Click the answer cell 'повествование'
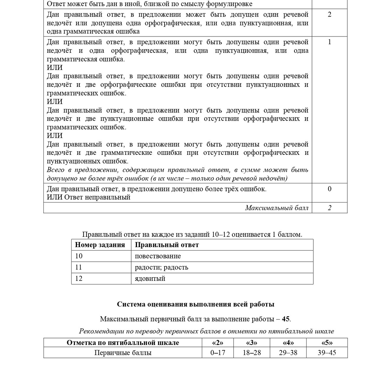tap(158, 256)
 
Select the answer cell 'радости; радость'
tap(161, 267)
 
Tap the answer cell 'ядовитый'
tap(150, 278)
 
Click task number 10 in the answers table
tap(79, 256)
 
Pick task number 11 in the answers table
tap(79, 267)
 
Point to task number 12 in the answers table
tap(79, 278)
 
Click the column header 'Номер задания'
tap(100, 245)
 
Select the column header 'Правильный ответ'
tap(167, 245)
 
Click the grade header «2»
tap(218, 343)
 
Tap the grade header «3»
tap(252, 343)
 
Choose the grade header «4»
tap(288, 343)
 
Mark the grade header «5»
tap(327, 343)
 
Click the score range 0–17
tap(218, 353)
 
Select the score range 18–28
tap(252, 353)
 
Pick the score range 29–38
tap(288, 353)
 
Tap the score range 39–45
tap(327, 353)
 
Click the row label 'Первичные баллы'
tap(123, 353)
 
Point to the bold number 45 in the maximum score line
tap(286, 319)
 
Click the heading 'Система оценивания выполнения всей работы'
tap(196, 304)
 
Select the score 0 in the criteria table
tap(329, 189)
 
